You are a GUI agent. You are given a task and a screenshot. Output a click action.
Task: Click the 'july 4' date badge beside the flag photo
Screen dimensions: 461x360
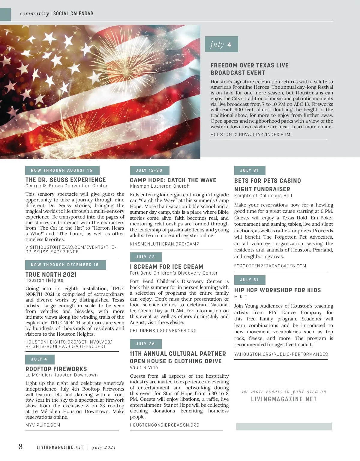221,44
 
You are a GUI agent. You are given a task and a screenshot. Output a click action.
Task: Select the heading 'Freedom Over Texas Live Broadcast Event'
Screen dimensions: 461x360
249,69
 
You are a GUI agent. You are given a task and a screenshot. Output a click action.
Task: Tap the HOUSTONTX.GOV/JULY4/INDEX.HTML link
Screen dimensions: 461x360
251,135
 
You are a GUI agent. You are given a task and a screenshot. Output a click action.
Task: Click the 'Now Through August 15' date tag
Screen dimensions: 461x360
62,170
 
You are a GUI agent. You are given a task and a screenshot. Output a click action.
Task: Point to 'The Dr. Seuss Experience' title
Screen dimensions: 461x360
66,180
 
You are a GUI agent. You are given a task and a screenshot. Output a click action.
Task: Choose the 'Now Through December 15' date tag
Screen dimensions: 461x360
65,265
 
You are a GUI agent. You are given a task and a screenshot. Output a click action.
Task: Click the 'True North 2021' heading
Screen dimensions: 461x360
51,275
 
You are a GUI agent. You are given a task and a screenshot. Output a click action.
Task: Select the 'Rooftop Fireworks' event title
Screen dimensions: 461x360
56,369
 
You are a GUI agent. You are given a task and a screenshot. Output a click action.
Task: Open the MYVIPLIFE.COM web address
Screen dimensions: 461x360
43,425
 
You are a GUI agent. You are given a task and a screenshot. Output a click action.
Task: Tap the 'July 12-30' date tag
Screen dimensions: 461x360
149,170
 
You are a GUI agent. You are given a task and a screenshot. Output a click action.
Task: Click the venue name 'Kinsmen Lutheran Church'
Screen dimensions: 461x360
160,186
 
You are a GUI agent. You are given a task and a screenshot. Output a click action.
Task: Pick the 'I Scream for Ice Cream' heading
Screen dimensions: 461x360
166,267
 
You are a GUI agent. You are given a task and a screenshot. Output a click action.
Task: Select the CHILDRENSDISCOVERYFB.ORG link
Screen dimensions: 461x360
163,331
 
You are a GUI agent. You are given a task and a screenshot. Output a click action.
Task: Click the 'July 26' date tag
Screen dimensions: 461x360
145,344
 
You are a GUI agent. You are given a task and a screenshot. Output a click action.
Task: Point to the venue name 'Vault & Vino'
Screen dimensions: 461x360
144,367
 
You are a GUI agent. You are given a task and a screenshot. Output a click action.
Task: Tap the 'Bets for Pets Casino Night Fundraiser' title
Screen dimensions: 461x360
267,185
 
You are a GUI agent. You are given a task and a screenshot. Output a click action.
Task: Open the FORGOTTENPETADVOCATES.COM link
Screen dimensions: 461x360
270,266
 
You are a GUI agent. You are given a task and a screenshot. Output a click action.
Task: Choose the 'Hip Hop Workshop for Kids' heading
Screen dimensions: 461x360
277,290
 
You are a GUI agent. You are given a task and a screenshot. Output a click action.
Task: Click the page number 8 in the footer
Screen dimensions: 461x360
20,447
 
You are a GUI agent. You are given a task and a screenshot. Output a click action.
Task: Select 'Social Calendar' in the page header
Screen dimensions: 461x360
73,13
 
